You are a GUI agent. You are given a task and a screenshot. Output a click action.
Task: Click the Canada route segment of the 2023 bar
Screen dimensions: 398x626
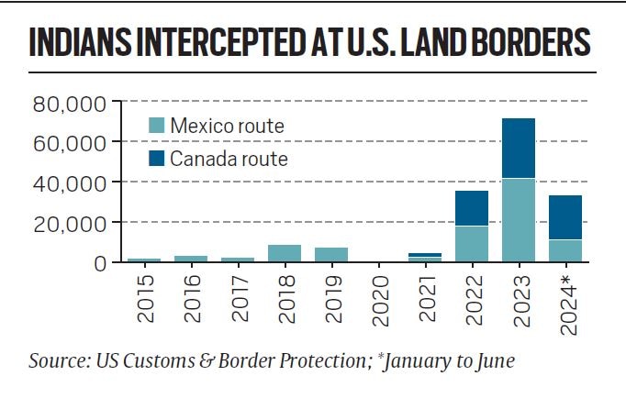519,148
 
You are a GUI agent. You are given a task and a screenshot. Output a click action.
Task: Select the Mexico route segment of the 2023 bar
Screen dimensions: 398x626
519,220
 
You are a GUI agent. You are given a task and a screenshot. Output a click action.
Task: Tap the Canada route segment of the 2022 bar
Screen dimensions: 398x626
472,208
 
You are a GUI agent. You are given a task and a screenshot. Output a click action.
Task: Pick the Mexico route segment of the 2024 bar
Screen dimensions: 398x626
565,250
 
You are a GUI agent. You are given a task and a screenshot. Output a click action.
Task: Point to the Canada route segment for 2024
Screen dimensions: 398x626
565,217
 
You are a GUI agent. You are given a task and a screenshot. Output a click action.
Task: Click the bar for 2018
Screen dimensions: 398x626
285,253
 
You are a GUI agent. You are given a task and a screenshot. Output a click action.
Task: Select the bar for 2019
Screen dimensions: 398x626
331,255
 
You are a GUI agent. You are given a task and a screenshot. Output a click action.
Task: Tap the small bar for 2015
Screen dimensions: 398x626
144,260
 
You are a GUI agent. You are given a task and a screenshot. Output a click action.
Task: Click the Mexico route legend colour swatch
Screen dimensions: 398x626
157,126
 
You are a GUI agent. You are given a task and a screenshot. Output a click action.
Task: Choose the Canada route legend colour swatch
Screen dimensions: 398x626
157,159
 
